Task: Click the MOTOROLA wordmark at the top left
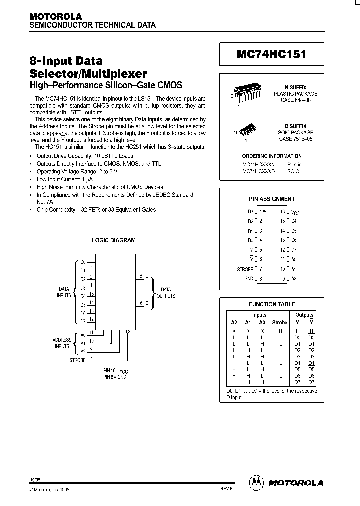tap(55, 16)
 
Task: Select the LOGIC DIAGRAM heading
tap(114, 240)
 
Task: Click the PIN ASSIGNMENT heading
tap(272, 199)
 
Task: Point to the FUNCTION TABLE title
tap(272, 304)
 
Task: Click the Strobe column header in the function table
tap(279, 323)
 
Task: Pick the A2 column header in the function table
tap(234, 323)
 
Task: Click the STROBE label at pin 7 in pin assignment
tap(245, 269)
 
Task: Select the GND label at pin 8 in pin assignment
tap(248, 278)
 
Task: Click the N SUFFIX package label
tap(299, 87)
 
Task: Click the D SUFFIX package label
tap(299, 126)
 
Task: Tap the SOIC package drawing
tap(248, 130)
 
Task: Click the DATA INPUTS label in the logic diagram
tap(64, 292)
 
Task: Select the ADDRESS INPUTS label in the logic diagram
tap(62, 343)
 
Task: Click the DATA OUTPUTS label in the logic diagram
tap(165, 293)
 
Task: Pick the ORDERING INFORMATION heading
tap(272, 156)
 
